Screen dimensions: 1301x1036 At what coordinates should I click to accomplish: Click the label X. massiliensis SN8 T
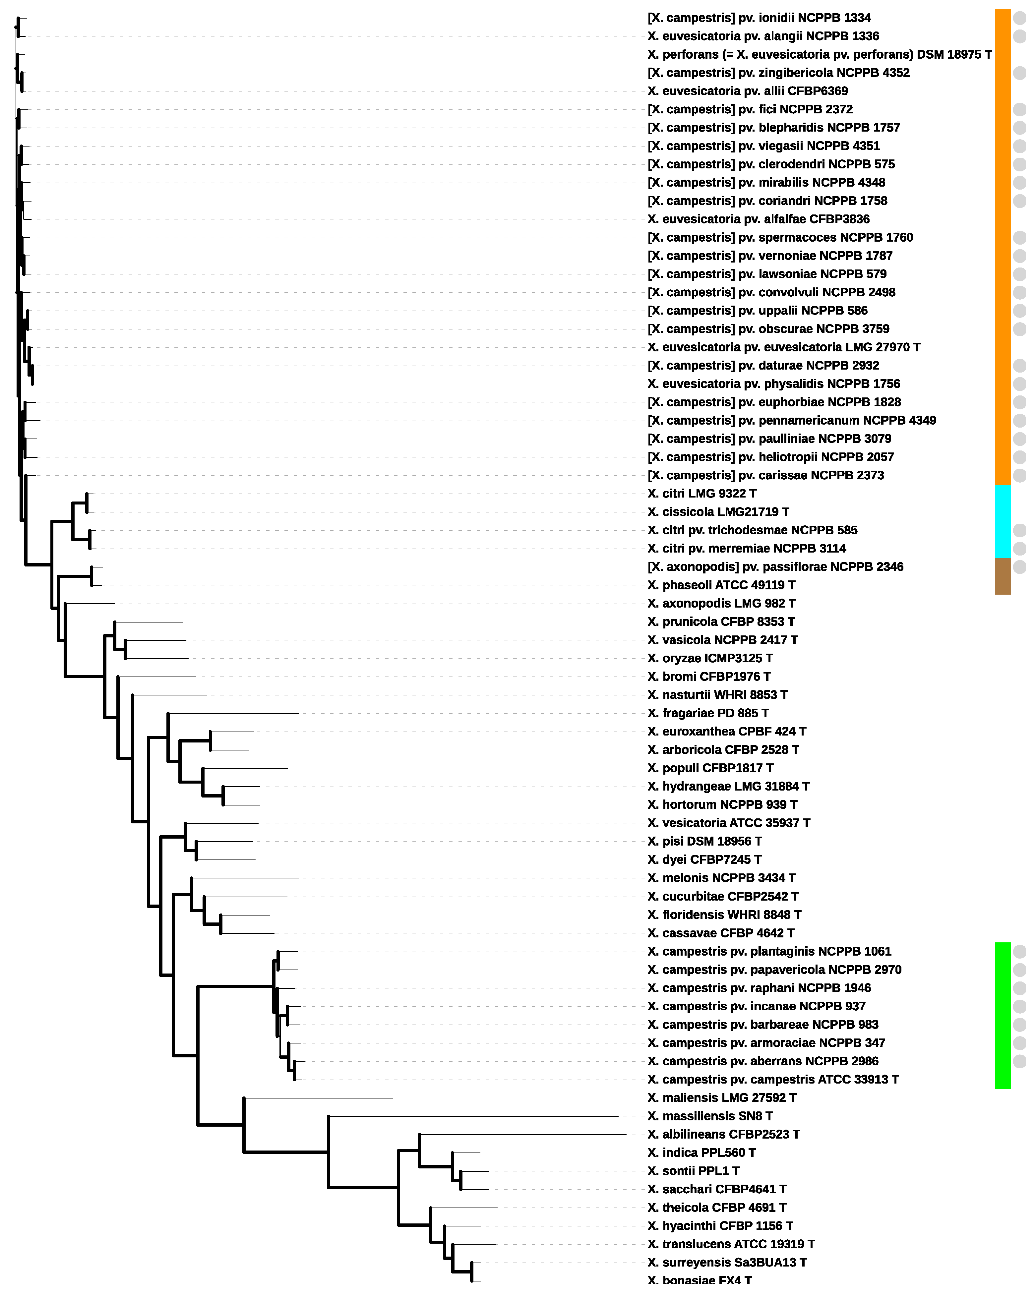click(709, 1116)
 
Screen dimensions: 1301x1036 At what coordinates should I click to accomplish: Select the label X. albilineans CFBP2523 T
click(723, 1134)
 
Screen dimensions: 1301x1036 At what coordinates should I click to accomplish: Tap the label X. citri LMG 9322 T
click(701, 493)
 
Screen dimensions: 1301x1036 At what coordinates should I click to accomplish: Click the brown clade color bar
click(1002, 576)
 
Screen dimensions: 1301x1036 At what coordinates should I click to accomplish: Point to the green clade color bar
click(1002, 1015)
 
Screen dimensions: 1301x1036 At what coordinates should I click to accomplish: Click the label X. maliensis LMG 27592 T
click(722, 1097)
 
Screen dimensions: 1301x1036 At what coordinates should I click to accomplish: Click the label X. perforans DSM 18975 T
click(819, 54)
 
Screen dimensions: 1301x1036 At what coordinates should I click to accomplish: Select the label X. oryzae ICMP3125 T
click(709, 658)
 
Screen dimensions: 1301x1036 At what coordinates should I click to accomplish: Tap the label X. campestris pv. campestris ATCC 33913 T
click(772, 1079)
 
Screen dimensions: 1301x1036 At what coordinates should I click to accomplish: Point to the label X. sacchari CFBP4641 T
click(716, 1189)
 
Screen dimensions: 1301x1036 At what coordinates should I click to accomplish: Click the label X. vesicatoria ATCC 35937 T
click(728, 822)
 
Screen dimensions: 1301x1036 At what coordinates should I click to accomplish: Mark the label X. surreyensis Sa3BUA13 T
click(726, 1262)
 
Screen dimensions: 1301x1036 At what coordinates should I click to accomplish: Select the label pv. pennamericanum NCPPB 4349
click(791, 420)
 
